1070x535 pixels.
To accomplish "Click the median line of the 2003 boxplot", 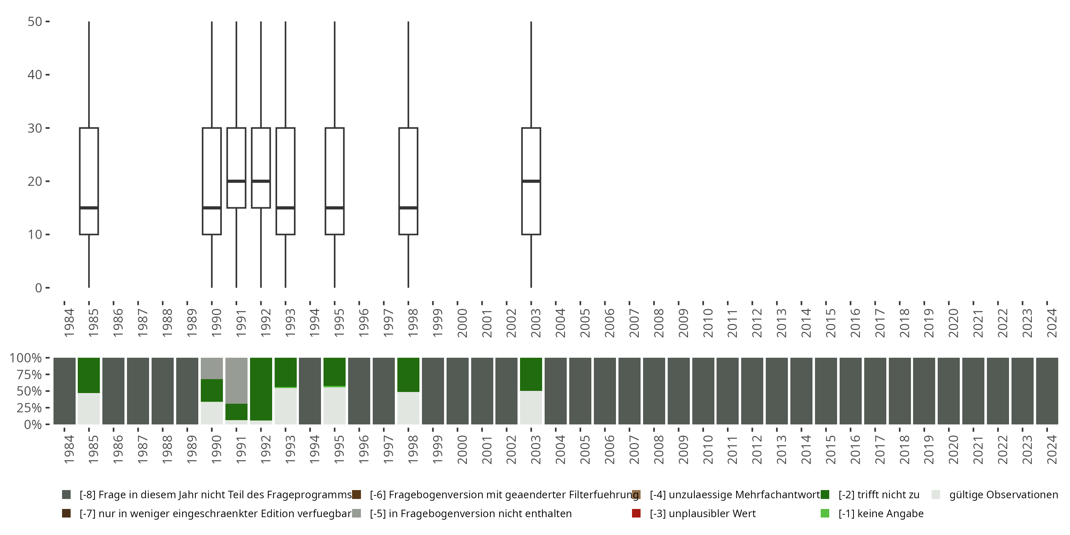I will [531, 181].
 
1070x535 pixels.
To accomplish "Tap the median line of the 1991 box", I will [236, 181].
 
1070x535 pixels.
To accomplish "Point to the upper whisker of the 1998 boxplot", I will [408, 75].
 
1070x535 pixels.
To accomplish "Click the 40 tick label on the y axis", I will [35, 75].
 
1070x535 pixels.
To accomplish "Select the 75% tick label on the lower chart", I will [25, 374].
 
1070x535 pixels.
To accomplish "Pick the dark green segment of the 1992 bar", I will [261, 388].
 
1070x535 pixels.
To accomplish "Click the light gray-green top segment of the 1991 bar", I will [236, 380].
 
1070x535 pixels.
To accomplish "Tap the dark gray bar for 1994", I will [310, 391].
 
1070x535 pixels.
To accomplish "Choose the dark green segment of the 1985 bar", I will [89, 375].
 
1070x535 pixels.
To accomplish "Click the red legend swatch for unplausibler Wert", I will [636, 513].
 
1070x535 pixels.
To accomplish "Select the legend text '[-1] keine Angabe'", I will [881, 513].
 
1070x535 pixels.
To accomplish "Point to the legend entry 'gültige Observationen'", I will [1003, 495].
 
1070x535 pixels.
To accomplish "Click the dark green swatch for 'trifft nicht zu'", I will [825, 495].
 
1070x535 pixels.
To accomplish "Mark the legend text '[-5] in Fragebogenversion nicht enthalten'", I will [470, 513].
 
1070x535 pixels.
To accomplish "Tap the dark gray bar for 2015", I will [826, 391].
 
